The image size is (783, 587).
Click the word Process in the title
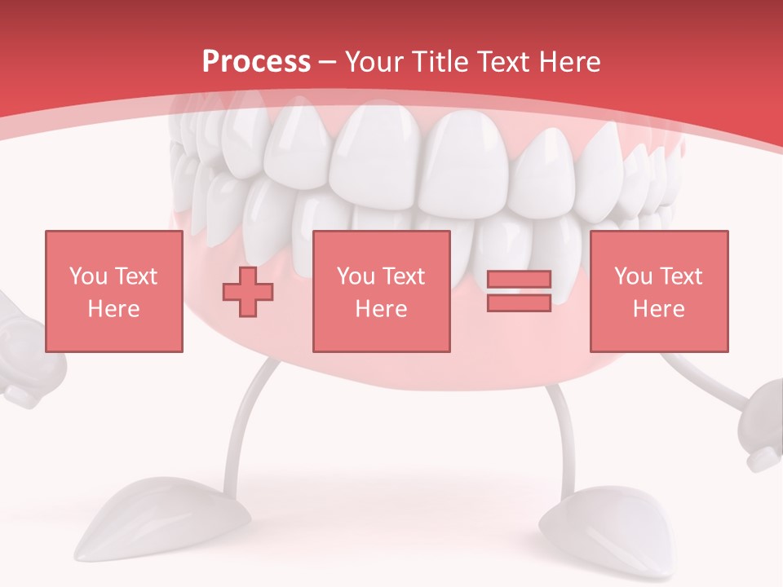256,62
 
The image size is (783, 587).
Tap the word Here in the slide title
567,62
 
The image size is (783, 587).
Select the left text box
114,291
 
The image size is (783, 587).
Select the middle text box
381,291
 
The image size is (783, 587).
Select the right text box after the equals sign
658,291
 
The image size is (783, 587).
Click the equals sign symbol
519,291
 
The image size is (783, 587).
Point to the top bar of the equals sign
519,280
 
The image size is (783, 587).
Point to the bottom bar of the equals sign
519,302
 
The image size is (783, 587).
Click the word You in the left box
87,276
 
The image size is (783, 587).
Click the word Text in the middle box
404,276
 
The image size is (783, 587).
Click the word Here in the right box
658,309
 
